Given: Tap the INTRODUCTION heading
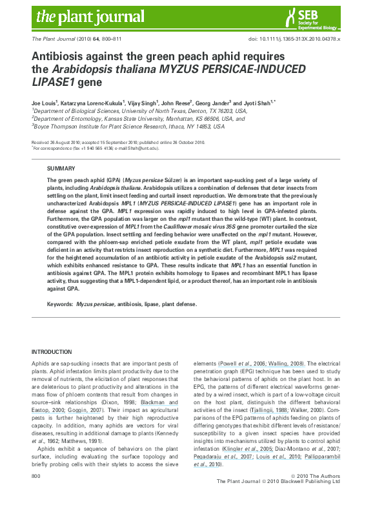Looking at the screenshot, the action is [52, 351].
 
